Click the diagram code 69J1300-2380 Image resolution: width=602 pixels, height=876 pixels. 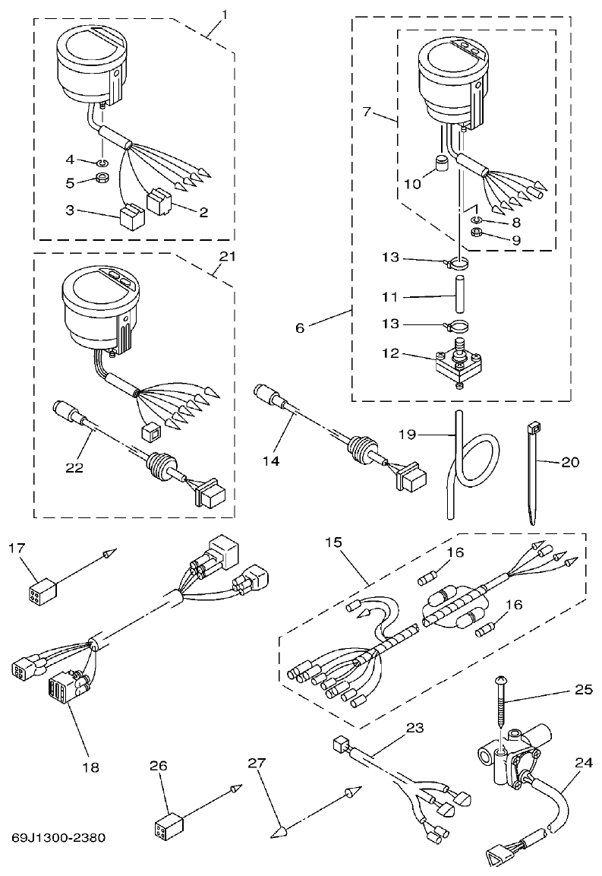tap(58, 838)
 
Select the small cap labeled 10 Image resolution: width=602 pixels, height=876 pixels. tap(441, 164)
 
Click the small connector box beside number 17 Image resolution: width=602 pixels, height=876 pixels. tap(37, 591)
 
